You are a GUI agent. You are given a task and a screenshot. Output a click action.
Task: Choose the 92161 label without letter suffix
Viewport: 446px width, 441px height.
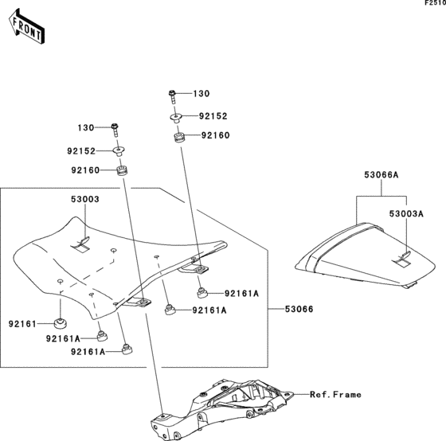[x=23, y=324]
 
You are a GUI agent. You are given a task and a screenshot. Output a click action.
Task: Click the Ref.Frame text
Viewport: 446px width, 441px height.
[x=335, y=394]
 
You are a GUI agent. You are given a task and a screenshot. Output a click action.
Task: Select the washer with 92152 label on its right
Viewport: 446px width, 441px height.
[x=174, y=117]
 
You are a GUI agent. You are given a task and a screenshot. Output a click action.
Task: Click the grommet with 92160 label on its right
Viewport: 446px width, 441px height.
[x=180, y=139]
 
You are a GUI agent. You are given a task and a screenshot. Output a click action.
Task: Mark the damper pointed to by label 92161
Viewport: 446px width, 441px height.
[x=59, y=323]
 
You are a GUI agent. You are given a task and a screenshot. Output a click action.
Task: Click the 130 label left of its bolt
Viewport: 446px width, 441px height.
[x=86, y=128]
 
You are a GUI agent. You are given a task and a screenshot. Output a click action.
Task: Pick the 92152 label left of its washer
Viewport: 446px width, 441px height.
[x=81, y=150]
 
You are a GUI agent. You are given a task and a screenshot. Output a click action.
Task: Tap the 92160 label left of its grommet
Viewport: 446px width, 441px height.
[x=86, y=170]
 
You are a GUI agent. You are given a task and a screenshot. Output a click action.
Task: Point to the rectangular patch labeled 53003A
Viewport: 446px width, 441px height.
[x=403, y=256]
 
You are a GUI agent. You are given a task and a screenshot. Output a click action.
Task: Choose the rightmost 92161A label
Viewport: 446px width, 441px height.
[x=241, y=293]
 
